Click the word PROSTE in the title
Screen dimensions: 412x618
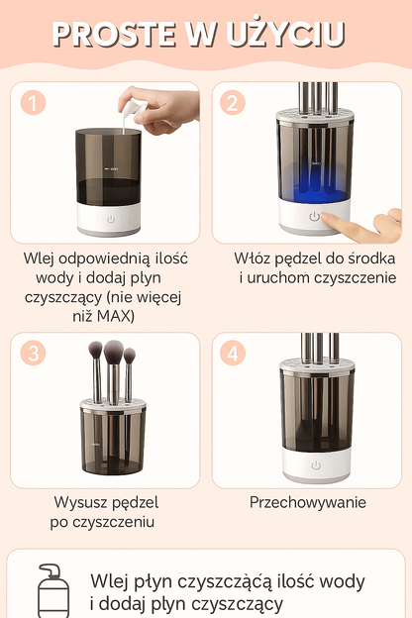pyautogui.click(x=114, y=35)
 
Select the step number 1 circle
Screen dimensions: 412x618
pyautogui.click(x=33, y=102)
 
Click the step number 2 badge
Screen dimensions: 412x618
pyautogui.click(x=233, y=102)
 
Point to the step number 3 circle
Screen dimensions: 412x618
pyautogui.click(x=33, y=353)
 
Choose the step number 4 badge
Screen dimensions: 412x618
pyautogui.click(x=233, y=353)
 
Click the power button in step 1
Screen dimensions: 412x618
pyautogui.click(x=111, y=220)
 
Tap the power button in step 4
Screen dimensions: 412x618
pyautogui.click(x=316, y=465)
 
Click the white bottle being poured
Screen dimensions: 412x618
pyautogui.click(x=133, y=109)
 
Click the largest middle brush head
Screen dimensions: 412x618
pyautogui.click(x=114, y=352)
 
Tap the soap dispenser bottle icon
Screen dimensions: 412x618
pyautogui.click(x=52, y=591)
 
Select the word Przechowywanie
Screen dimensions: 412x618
pyautogui.click(x=308, y=502)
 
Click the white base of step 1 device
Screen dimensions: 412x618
pyautogui.click(x=109, y=219)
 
